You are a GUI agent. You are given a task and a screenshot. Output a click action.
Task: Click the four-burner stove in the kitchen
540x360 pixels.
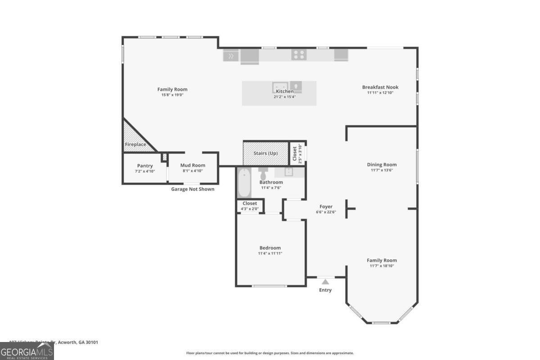point(299,55)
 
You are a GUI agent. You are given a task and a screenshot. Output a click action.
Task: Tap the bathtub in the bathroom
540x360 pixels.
point(244,183)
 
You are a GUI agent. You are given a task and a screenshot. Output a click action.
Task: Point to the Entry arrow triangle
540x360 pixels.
point(325,282)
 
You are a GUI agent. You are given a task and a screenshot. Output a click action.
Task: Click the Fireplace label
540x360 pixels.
point(135,144)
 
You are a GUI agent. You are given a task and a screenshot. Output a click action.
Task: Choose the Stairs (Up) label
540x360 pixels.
point(265,153)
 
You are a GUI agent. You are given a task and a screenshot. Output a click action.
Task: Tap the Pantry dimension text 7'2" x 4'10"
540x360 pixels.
point(144,171)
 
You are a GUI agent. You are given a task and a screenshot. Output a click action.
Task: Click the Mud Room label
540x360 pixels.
point(193,166)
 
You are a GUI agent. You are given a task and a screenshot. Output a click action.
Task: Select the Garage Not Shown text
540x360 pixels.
point(193,189)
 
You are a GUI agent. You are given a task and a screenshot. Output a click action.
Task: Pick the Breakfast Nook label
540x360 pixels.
point(380,87)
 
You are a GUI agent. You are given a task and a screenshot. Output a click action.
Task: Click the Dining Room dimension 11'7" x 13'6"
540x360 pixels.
point(382,170)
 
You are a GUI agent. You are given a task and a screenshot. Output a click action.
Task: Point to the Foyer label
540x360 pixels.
point(325,207)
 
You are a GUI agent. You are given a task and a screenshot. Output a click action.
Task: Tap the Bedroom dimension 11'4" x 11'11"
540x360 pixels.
point(270,253)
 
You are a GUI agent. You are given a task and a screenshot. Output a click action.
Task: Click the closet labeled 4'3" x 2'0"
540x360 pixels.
point(250,206)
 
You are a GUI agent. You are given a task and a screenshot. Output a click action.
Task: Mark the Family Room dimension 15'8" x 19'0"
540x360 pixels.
point(172,95)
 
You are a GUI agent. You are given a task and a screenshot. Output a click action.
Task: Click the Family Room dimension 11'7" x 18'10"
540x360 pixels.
point(382,266)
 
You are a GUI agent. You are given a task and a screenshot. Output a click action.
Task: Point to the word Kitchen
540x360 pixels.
point(284,91)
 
